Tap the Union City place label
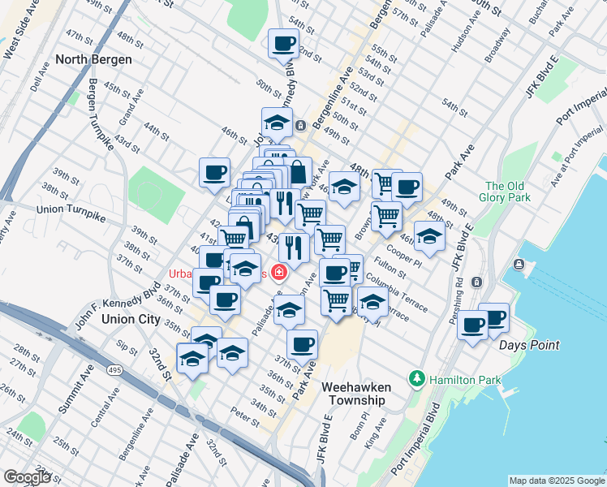131,319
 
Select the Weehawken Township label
363,394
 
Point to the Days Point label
529,345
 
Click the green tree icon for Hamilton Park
417,378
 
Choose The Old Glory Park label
507,192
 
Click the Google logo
28,477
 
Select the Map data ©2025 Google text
557,481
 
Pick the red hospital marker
280,273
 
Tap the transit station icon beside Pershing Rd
476,282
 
